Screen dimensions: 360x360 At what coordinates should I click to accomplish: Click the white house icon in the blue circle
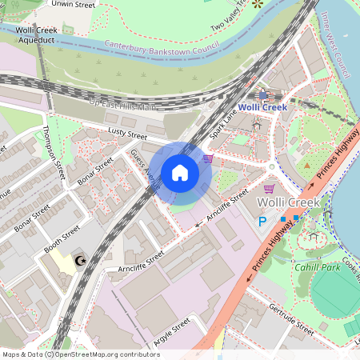(180, 173)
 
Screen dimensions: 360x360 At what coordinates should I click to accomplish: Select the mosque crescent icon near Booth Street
(78, 261)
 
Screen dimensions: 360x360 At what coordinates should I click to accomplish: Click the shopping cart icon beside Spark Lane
(208, 158)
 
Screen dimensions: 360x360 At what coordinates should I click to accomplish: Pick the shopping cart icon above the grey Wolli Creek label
(269, 189)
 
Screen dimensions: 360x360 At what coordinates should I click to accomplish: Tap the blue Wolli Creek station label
(263, 106)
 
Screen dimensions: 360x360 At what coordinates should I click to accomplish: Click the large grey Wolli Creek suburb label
(287, 202)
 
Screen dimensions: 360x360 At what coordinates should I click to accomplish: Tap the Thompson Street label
(54, 152)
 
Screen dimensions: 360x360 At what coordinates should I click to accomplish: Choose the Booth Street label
(63, 239)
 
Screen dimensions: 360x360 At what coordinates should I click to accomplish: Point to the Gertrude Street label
(291, 318)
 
